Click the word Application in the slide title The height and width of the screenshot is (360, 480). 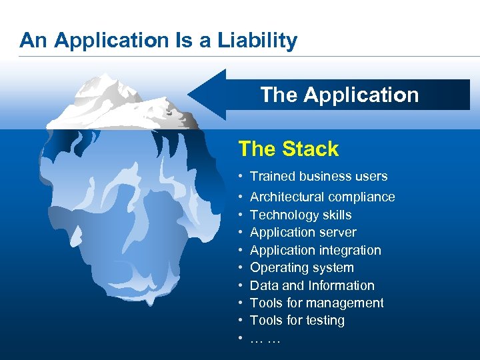tap(111, 41)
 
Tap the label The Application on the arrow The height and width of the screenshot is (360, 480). tap(339, 95)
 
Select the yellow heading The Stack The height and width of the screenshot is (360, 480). tap(288, 149)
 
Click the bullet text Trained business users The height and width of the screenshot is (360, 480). tap(318, 176)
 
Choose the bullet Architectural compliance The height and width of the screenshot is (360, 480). tap(322, 197)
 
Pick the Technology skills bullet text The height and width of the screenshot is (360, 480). tap(300, 215)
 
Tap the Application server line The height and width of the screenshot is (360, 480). tap(303, 232)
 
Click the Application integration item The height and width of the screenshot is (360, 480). tap(315, 250)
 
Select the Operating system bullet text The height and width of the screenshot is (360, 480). tap(301, 267)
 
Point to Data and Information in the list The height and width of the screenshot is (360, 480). tap(312, 285)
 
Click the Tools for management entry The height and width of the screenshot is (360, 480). tap(317, 303)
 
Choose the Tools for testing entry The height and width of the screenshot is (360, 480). tap(297, 320)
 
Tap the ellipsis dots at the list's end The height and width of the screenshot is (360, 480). tap(265, 339)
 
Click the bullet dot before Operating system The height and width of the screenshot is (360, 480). tap(240, 268)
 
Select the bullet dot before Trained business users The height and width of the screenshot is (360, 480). tap(240, 177)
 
